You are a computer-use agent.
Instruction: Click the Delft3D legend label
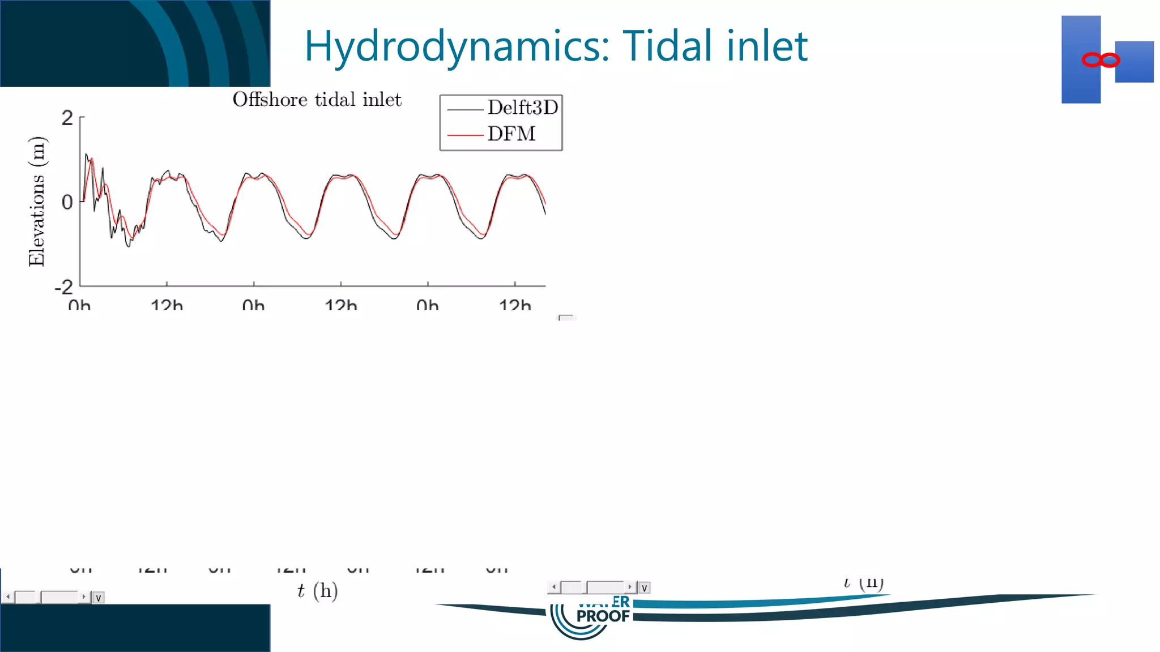(522, 108)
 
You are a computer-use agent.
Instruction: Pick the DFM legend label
(511, 134)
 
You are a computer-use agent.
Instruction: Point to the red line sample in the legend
(464, 135)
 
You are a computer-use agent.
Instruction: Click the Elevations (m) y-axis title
(37, 201)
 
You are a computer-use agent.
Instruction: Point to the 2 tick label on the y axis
(67, 118)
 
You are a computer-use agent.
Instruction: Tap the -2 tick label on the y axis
(64, 287)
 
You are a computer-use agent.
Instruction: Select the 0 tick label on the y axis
(67, 202)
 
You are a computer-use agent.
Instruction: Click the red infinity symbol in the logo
(1100, 60)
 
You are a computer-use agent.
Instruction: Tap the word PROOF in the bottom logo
(603, 616)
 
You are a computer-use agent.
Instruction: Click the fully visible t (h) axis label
(317, 591)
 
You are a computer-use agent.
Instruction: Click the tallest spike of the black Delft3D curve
(86, 154)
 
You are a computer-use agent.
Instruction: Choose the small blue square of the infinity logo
(1134, 62)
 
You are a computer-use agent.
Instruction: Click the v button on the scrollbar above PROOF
(644, 588)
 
